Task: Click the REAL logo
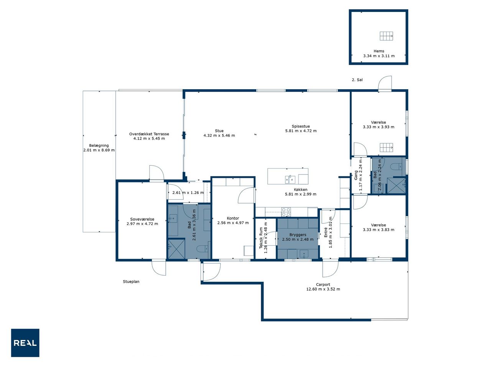(x=25, y=343)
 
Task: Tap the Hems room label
(x=379, y=51)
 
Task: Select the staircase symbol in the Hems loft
(x=386, y=36)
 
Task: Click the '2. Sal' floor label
(x=357, y=80)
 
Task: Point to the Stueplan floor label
(x=131, y=281)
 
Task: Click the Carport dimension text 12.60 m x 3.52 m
(x=323, y=289)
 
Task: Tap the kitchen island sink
(x=290, y=179)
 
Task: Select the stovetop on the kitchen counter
(x=286, y=212)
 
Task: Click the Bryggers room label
(x=298, y=235)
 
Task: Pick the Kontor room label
(x=233, y=218)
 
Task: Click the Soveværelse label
(x=142, y=219)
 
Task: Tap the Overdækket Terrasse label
(x=149, y=134)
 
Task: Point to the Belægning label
(x=99, y=145)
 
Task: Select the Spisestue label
(x=301, y=126)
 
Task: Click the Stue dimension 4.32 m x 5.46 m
(x=219, y=135)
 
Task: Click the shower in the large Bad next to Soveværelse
(x=176, y=249)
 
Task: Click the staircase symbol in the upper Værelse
(x=386, y=148)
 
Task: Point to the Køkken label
(x=300, y=189)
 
